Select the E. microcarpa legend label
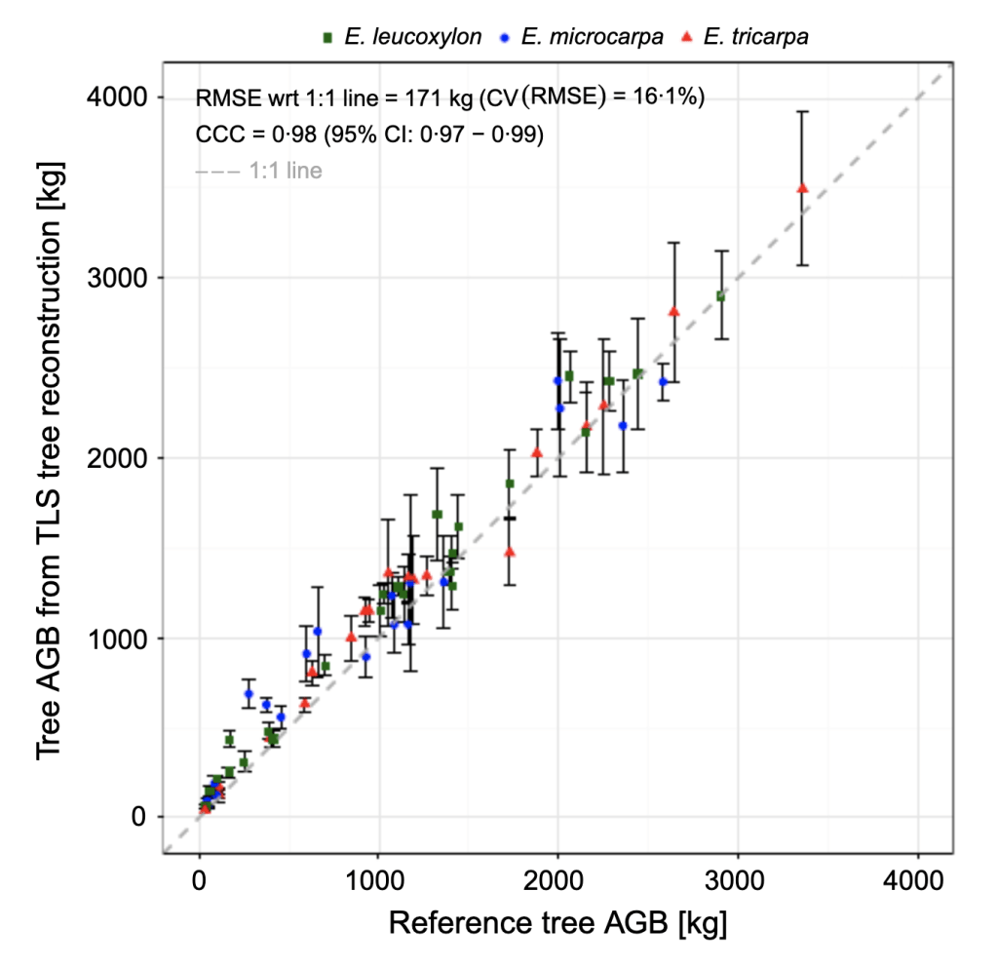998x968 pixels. (x=593, y=37)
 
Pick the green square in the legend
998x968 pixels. (x=328, y=37)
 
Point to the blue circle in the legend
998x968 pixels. (x=506, y=37)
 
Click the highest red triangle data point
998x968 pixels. (x=802, y=188)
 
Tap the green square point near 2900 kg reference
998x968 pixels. (x=721, y=295)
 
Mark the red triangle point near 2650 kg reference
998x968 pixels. (x=673, y=311)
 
